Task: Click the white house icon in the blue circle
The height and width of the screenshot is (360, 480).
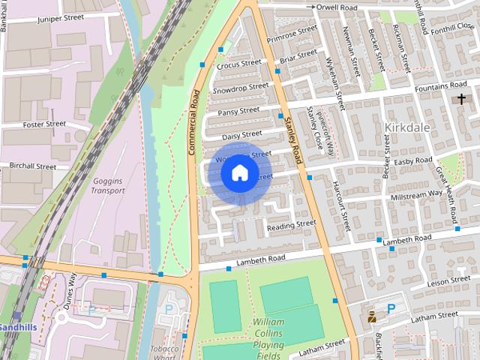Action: point(239,172)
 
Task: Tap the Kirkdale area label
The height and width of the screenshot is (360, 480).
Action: point(407,127)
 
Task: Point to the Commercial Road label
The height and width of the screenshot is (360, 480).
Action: point(193,123)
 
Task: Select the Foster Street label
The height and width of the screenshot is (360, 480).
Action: point(44,124)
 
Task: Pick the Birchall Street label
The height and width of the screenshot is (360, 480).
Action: point(33,166)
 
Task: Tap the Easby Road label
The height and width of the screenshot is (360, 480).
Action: point(413,160)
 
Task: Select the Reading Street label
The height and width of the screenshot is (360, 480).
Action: point(292,225)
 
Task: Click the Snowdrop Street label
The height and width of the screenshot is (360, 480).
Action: point(240,88)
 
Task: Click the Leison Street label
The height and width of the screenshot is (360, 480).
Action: point(448,282)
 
